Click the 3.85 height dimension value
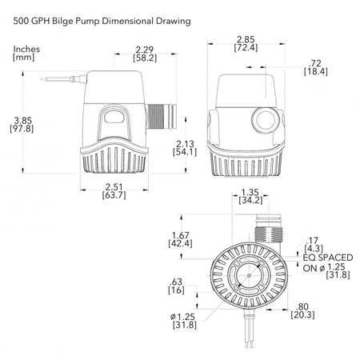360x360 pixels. [x=22, y=120]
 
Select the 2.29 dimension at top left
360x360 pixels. [x=145, y=50]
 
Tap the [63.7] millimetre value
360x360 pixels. [x=114, y=195]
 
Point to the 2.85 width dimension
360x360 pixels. [x=246, y=39]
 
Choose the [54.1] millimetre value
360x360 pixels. [x=185, y=152]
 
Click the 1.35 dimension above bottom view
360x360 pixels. [x=250, y=192]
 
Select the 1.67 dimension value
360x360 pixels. [x=181, y=235]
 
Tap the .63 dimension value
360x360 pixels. [x=176, y=282]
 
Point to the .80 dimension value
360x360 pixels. [x=302, y=306]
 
